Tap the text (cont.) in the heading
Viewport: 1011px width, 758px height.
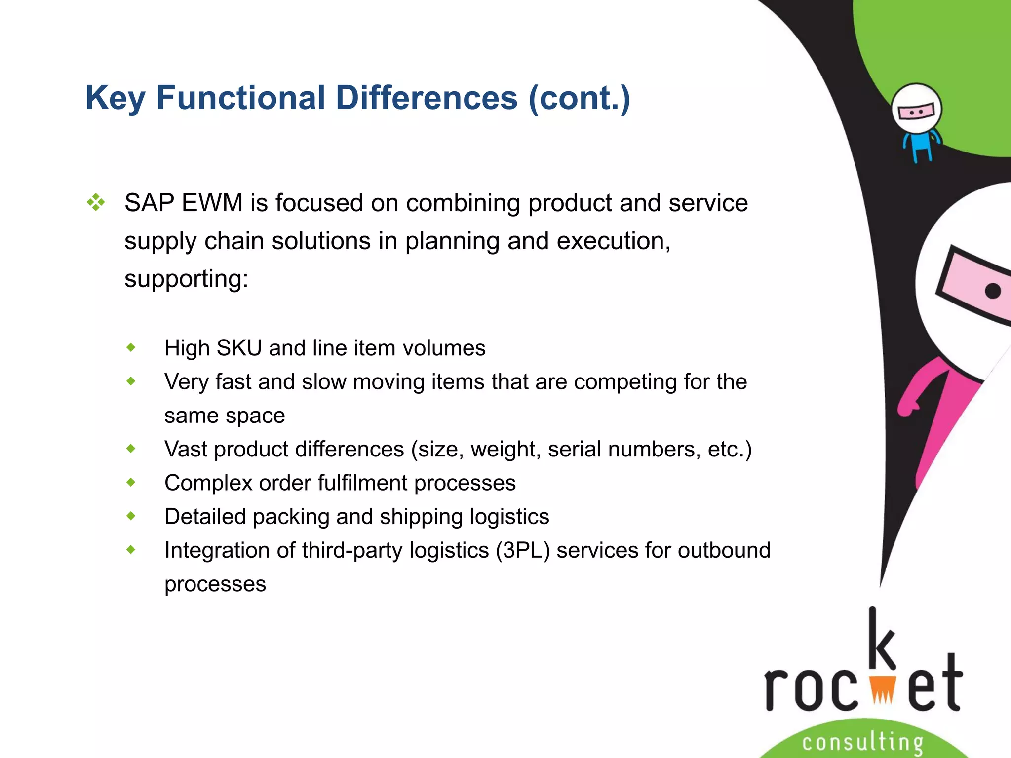pos(579,98)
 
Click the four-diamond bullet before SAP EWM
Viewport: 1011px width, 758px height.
pos(96,202)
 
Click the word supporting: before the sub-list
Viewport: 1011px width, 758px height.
pos(186,279)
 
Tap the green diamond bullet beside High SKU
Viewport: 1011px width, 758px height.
pos(131,347)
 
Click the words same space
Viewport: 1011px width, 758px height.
pos(225,416)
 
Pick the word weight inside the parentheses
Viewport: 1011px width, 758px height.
pos(505,450)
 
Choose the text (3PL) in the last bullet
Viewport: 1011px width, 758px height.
pos(523,550)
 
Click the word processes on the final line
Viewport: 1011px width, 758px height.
pos(215,584)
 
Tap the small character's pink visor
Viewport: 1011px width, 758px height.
pos(916,112)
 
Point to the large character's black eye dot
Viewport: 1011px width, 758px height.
pos(993,291)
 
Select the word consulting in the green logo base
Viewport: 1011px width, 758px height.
pos(862,742)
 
